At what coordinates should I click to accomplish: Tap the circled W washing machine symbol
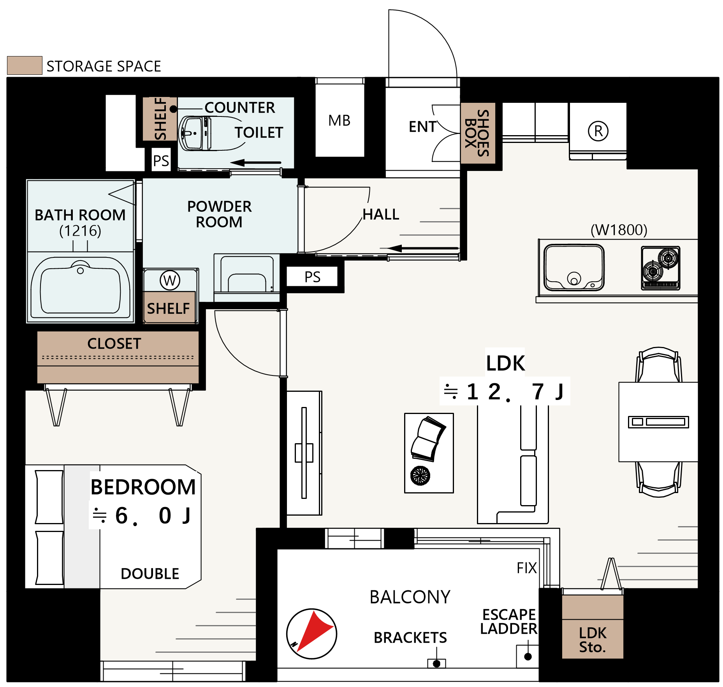point(170,280)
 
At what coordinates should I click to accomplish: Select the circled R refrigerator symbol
point(598,131)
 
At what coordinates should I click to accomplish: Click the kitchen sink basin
point(574,268)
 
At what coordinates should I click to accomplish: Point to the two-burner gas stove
point(661,268)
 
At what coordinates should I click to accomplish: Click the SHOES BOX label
point(477,133)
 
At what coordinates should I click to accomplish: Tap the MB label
point(339,121)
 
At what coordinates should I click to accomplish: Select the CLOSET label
point(114,343)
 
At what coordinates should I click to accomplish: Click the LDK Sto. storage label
point(593,640)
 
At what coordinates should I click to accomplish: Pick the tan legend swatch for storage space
point(25,65)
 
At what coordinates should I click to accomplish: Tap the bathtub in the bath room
point(80,287)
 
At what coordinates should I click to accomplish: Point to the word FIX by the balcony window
point(526,568)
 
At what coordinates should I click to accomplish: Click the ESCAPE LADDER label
point(509,622)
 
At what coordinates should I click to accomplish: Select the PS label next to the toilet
point(161,160)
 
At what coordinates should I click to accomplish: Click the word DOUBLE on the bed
point(150,574)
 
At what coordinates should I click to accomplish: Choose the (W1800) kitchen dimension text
point(619,230)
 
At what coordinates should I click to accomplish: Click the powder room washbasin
point(247,273)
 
